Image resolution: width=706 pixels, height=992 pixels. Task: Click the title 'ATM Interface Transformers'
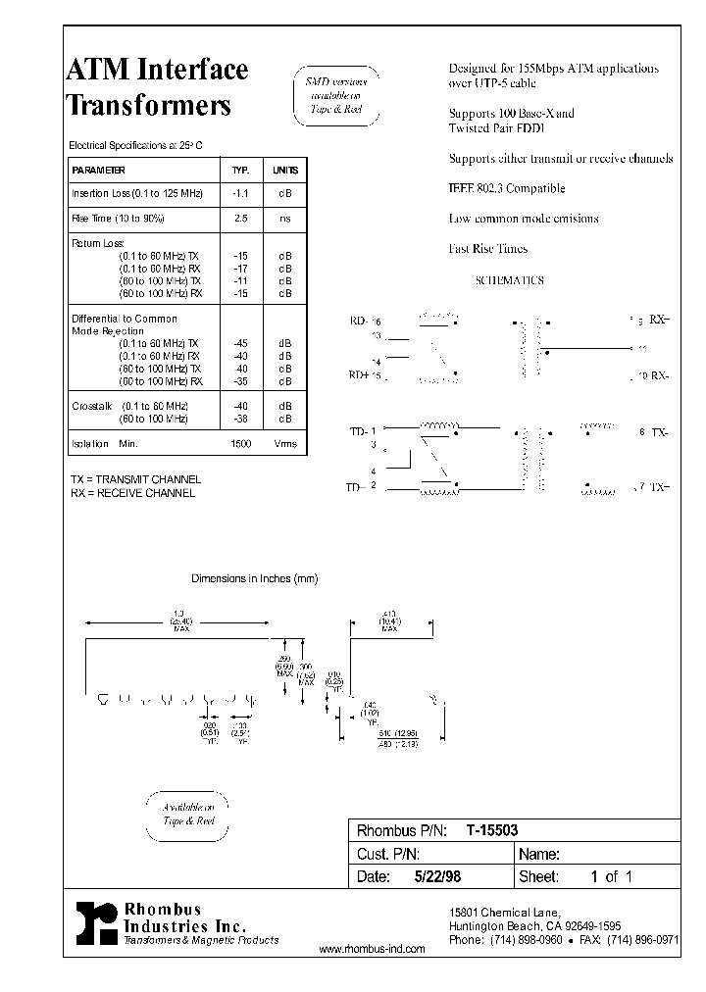tap(156, 86)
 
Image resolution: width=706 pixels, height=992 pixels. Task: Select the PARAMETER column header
tap(98, 170)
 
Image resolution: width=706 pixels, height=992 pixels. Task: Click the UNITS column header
tap(284, 170)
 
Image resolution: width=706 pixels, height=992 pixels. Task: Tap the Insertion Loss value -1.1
tap(240, 194)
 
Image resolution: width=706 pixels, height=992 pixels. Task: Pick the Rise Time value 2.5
tap(241, 219)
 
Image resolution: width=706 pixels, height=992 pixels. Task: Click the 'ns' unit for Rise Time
tap(284, 219)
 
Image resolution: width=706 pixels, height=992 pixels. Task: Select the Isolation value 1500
tap(240, 444)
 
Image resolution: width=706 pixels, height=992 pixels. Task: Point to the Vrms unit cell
tap(284, 444)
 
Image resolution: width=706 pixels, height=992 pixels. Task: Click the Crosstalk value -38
tap(240, 419)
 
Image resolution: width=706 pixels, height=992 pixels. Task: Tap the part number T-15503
tap(492, 828)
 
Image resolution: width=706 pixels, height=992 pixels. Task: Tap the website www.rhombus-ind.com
tap(373, 949)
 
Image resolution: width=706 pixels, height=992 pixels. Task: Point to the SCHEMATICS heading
tap(509, 280)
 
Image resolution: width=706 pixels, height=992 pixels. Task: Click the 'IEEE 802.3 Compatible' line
tap(507, 188)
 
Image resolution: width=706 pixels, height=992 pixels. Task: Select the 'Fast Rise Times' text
tap(488, 249)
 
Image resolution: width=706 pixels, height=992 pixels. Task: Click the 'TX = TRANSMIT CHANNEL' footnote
tap(135, 479)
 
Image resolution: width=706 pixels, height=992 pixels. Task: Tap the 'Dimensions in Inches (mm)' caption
tap(254, 578)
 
